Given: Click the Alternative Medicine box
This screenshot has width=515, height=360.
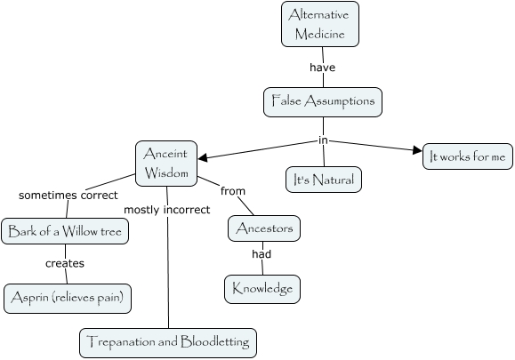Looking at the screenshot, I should pyautogui.click(x=321, y=24).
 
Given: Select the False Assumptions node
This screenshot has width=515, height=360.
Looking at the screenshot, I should pyautogui.click(x=323, y=101).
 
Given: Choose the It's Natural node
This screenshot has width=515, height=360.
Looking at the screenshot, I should pyautogui.click(x=324, y=180).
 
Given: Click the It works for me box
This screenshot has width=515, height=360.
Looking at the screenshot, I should pyautogui.click(x=466, y=156).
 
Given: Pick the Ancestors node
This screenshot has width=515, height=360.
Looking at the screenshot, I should pyautogui.click(x=264, y=228).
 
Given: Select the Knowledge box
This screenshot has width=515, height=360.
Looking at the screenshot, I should pyautogui.click(x=262, y=288).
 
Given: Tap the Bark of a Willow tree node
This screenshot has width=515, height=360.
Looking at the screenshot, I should pyautogui.click(x=67, y=233).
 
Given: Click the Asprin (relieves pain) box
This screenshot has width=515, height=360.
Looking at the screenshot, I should pyautogui.click(x=68, y=298).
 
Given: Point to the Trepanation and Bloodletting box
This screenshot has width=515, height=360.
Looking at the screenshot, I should pyautogui.click(x=169, y=341).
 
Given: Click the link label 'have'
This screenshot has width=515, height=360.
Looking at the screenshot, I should pyautogui.click(x=322, y=67).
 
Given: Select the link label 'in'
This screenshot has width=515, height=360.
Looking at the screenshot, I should pyautogui.click(x=324, y=140).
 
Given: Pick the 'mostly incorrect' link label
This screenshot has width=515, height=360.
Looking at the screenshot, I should pyautogui.click(x=167, y=210).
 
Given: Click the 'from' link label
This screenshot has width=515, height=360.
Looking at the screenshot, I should pyautogui.click(x=233, y=190).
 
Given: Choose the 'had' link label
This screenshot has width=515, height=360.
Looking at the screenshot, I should pyautogui.click(x=261, y=254).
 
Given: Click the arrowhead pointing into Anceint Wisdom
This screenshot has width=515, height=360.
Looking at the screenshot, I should pyautogui.click(x=203, y=159).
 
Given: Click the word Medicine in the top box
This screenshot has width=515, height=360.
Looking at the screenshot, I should pyautogui.click(x=321, y=33).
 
